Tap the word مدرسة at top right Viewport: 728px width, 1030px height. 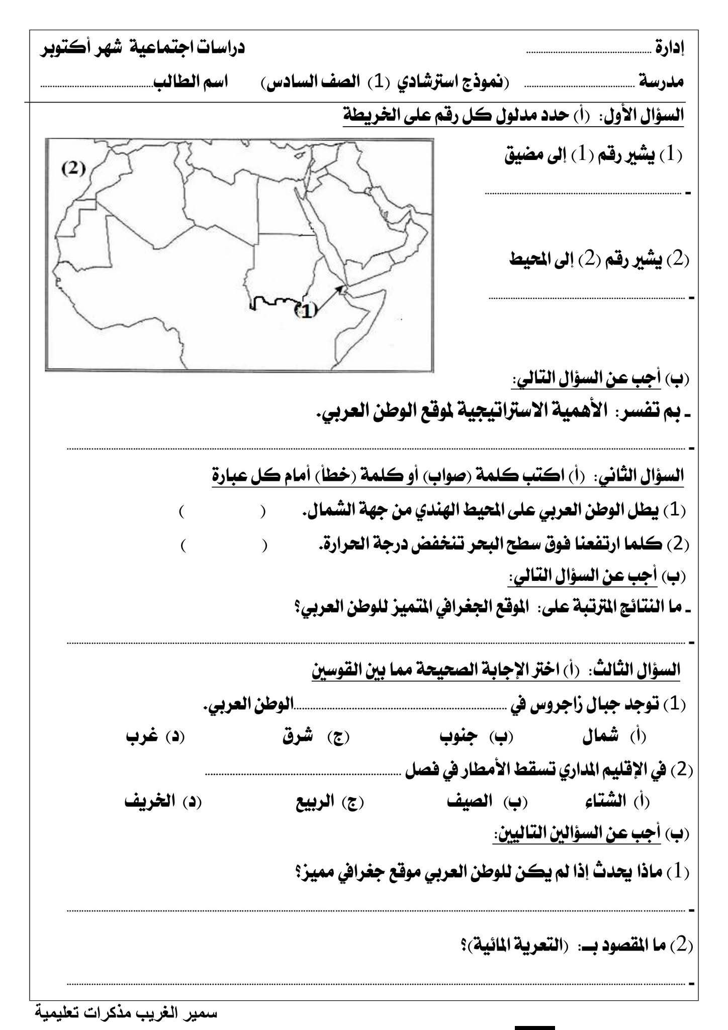pos(661,82)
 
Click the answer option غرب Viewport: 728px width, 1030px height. pos(140,737)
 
